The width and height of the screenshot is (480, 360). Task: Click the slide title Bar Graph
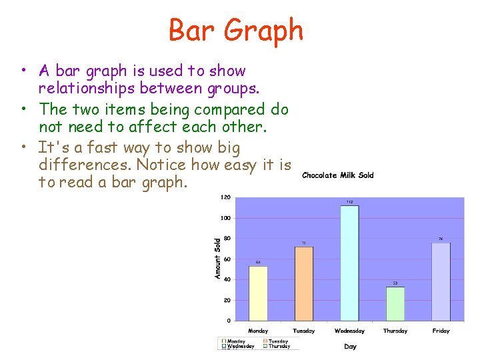[236, 30]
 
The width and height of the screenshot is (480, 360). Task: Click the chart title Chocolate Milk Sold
[337, 175]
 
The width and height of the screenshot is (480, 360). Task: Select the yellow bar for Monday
[258, 293]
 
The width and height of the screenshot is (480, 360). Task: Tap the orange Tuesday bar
[303, 283]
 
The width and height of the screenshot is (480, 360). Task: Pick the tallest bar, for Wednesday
[349, 263]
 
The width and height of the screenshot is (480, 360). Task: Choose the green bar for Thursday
[395, 303]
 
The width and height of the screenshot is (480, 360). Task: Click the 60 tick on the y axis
[227, 259]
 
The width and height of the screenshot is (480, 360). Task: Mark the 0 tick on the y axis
[229, 321]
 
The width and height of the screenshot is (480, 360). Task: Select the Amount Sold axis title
[217, 259]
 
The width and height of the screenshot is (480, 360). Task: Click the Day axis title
[350, 346]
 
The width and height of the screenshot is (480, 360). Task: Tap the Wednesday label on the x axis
[349, 331]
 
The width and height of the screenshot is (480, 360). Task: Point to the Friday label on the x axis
[441, 331]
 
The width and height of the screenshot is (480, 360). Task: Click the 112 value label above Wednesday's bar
[349, 202]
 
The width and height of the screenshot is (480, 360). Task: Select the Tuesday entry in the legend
[278, 341]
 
